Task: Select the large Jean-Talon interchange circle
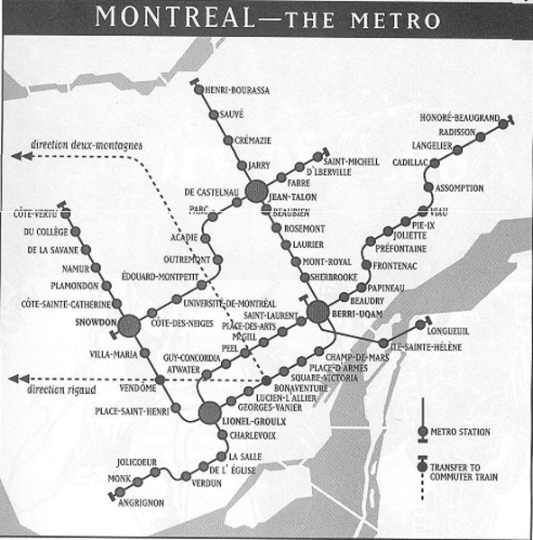tap(256, 190)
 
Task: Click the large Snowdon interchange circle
tap(129, 325)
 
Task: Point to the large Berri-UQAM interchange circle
tap(317, 312)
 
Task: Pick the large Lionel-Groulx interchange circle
tap(210, 413)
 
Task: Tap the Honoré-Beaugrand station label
tap(459, 116)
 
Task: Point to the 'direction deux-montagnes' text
tap(86, 144)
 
